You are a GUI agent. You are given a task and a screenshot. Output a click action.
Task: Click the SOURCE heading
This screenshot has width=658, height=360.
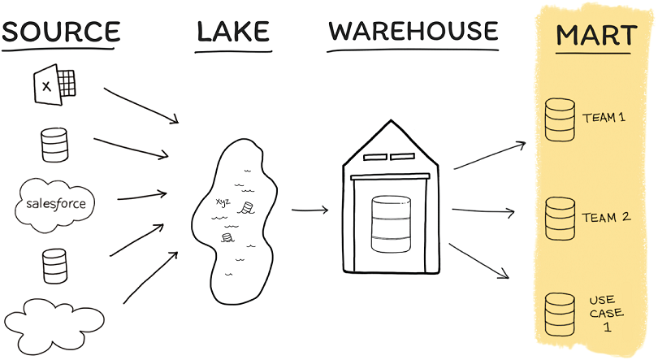click(x=61, y=32)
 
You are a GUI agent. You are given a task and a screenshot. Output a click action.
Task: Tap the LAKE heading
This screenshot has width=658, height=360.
click(x=233, y=32)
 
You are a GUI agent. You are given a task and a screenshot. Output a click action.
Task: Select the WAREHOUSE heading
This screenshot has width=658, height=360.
click(x=413, y=31)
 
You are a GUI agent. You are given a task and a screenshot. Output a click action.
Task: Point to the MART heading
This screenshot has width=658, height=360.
click(x=596, y=35)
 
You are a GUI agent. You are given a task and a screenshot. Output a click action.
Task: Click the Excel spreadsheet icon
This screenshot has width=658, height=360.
click(x=54, y=85)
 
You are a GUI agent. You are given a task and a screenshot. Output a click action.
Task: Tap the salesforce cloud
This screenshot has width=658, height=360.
click(x=54, y=205)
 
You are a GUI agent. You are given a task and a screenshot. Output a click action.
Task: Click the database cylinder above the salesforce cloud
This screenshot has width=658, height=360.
click(x=54, y=145)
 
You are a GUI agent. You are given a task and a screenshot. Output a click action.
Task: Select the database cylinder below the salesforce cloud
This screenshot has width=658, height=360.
click(x=54, y=266)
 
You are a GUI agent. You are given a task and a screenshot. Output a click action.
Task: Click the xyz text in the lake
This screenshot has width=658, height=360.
click(x=223, y=202)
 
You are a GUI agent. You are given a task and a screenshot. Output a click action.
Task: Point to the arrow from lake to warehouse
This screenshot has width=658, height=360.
click(x=310, y=210)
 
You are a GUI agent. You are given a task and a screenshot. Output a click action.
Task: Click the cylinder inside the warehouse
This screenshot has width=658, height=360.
click(x=391, y=224)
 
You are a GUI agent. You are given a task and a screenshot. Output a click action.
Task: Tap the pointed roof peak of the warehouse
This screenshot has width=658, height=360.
click(x=391, y=121)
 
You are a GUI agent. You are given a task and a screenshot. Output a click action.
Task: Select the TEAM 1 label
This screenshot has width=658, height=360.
click(x=604, y=118)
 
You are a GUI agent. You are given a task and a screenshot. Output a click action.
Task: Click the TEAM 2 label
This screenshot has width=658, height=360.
click(x=606, y=217)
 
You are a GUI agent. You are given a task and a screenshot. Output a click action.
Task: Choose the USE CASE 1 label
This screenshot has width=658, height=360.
click(x=606, y=314)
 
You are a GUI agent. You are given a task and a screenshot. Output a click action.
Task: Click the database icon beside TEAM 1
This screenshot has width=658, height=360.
click(x=560, y=119)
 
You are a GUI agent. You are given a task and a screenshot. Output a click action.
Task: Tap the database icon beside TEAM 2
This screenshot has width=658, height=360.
click(x=560, y=219)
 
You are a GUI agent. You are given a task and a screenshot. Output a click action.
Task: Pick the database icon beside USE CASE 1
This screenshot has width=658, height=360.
click(x=560, y=314)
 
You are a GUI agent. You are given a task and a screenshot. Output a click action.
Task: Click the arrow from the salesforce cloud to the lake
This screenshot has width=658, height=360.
click(x=142, y=196)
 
